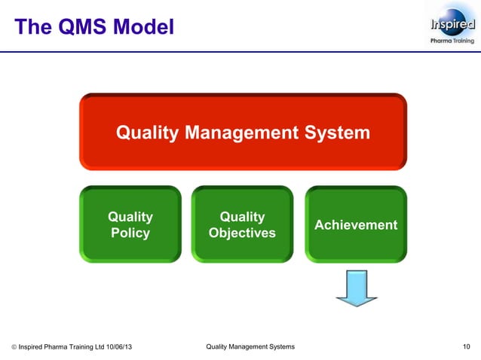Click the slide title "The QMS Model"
tap(94, 27)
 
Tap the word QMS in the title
tap(87, 27)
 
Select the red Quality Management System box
tap(243, 133)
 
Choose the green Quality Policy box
tap(130, 224)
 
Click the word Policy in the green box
tap(130, 233)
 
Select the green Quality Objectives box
tap(242, 224)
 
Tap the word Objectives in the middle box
tap(242, 233)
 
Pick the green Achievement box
tap(355, 224)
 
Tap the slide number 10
tap(467, 346)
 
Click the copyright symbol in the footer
tap(14, 346)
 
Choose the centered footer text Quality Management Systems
tap(250, 346)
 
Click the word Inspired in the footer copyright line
tap(33, 346)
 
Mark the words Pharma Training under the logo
tap(452, 41)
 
